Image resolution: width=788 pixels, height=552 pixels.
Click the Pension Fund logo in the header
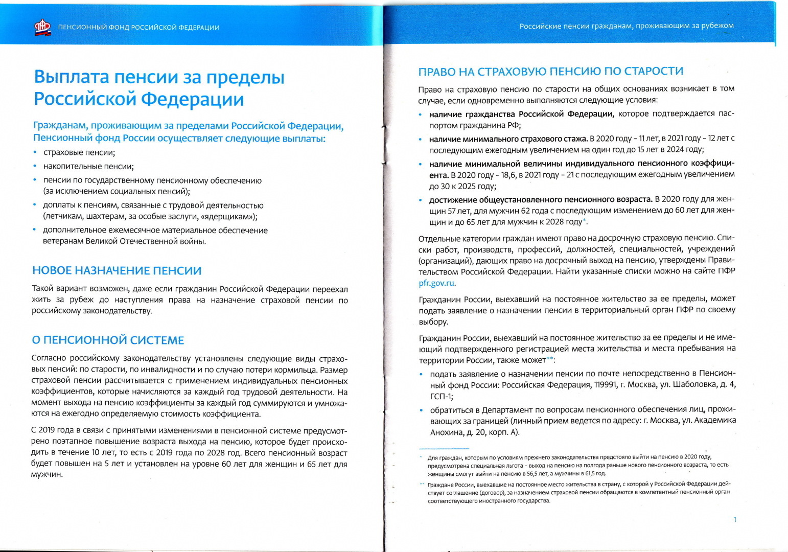click(42, 27)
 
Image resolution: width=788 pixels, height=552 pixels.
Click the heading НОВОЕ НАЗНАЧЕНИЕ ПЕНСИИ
click(117, 270)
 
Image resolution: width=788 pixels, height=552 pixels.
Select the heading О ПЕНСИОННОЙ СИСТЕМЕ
click(108, 340)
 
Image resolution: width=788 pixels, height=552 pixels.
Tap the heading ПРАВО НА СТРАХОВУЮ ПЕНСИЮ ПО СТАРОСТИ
click(550, 72)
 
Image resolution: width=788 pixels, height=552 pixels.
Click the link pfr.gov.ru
click(436, 283)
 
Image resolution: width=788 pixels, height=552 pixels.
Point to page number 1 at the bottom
click(735, 520)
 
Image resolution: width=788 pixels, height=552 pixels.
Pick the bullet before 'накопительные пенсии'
click(35, 166)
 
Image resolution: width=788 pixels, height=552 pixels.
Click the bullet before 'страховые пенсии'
click(35, 152)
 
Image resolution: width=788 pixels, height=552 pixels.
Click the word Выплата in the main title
click(71, 77)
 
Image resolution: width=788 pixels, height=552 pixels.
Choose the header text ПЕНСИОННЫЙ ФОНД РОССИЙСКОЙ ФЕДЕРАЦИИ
click(138, 28)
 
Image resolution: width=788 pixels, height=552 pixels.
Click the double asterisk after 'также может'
click(550, 359)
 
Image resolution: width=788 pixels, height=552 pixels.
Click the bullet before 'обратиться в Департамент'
click(421, 410)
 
